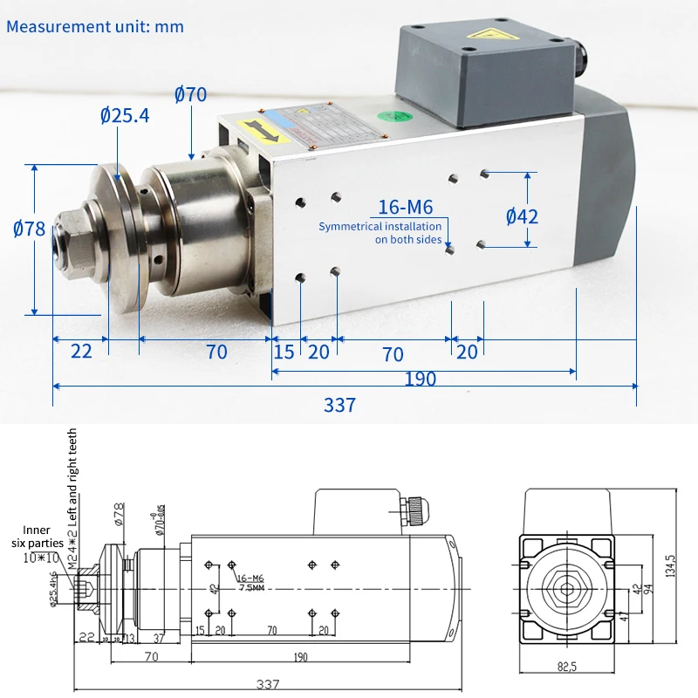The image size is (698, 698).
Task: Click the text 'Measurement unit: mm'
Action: [95, 26]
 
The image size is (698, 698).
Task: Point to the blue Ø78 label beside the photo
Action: [29, 229]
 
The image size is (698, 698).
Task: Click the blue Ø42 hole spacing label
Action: [522, 216]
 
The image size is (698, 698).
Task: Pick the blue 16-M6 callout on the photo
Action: [406, 207]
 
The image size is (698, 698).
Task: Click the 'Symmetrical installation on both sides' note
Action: [380, 233]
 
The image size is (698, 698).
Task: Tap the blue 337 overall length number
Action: [339, 405]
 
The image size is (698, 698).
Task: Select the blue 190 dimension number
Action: [420, 380]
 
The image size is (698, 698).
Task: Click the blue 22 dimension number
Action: [80, 352]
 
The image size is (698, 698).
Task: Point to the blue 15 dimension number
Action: [284, 352]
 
